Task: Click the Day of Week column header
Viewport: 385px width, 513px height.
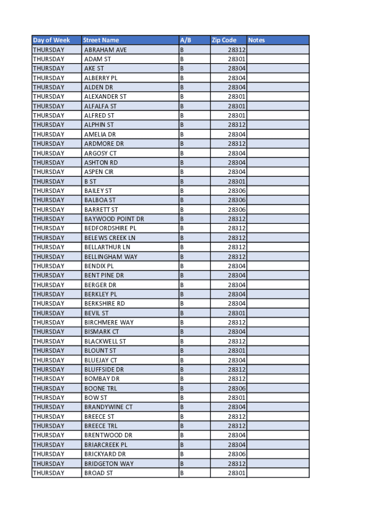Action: tap(51, 40)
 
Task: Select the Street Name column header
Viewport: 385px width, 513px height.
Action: tap(101, 40)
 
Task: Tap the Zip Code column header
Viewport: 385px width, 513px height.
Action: tap(223, 40)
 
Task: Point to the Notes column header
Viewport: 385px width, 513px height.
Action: tap(256, 40)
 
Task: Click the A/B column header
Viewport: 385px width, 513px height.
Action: tap(185, 40)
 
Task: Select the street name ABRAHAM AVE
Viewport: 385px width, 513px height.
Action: tap(105, 50)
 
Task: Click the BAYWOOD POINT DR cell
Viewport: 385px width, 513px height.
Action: tap(114, 219)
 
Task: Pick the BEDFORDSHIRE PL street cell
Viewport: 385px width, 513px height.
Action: tap(110, 228)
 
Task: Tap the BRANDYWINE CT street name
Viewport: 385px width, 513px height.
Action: tap(108, 407)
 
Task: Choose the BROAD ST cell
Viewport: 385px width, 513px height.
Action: tap(98, 473)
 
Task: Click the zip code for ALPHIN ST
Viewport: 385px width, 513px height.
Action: tap(236, 125)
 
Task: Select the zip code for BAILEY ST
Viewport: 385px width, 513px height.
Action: tap(236, 191)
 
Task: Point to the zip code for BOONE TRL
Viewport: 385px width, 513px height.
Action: tap(236, 388)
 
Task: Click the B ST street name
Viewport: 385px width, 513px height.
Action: tap(90, 181)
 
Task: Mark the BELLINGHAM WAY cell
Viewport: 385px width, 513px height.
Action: tap(111, 256)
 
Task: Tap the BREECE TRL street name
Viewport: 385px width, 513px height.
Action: tap(101, 426)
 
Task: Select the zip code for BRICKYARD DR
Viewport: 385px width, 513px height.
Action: tap(236, 454)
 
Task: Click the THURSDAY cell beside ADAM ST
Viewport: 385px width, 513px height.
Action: tap(48, 59)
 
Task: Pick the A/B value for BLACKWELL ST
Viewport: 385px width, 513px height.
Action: tap(182, 341)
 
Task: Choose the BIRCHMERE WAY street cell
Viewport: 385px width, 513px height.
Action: tap(109, 322)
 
